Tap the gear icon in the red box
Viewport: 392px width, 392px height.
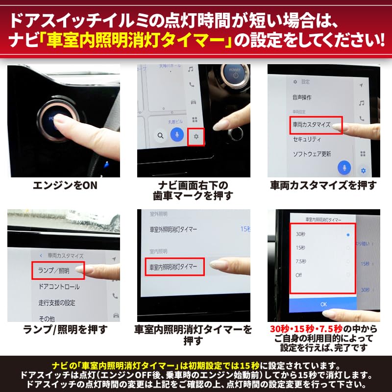point(196,136)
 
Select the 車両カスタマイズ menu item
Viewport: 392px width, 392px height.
point(312,125)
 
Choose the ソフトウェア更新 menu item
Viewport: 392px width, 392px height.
point(312,154)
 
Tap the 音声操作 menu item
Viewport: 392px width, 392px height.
point(302,98)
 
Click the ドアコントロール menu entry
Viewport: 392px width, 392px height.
point(59,286)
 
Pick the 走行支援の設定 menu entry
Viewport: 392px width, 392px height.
point(57,303)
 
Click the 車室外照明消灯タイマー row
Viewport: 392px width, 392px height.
point(173,229)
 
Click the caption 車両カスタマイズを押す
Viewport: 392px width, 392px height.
point(323,186)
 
